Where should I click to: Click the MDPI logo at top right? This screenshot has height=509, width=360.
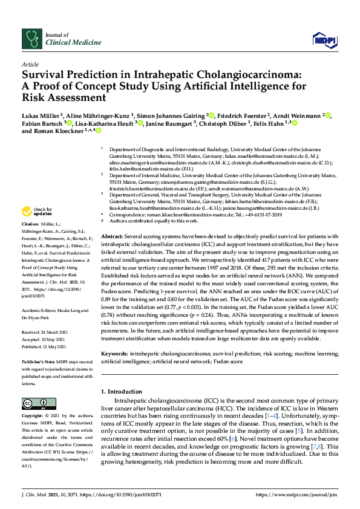324,40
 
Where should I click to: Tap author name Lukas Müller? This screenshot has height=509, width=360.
42,115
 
